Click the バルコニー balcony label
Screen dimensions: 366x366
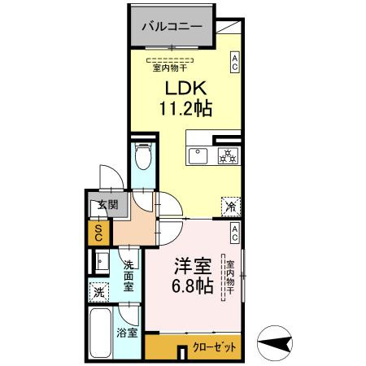coord(172,26)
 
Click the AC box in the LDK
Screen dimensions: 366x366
coord(234,63)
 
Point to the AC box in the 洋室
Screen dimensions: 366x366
coord(234,234)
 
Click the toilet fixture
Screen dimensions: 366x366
coord(142,155)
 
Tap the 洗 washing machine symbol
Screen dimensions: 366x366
coord(98,291)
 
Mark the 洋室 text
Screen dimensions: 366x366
coord(192,266)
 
